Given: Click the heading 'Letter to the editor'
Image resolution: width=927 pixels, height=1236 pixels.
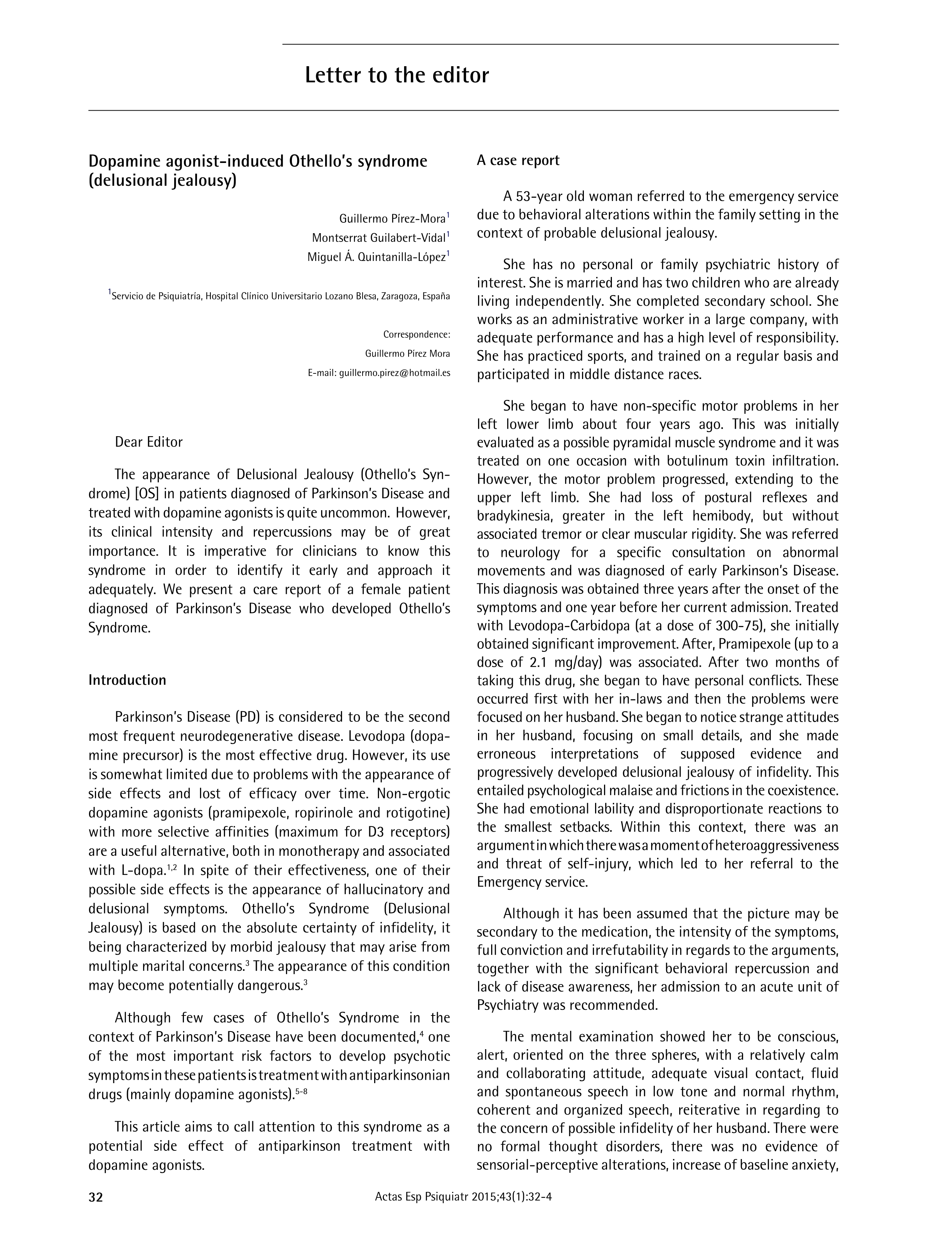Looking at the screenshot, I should click(x=397, y=75).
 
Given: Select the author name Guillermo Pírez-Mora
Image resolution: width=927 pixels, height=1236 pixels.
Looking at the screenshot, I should click(x=392, y=219).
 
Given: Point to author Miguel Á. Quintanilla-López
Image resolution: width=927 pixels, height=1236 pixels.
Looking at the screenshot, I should click(x=377, y=257).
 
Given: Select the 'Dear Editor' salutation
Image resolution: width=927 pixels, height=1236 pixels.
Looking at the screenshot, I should click(x=149, y=442).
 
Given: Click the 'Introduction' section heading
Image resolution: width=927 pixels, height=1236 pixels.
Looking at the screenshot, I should click(x=127, y=680).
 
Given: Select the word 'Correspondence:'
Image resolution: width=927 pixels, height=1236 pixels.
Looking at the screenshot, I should click(x=416, y=335).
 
